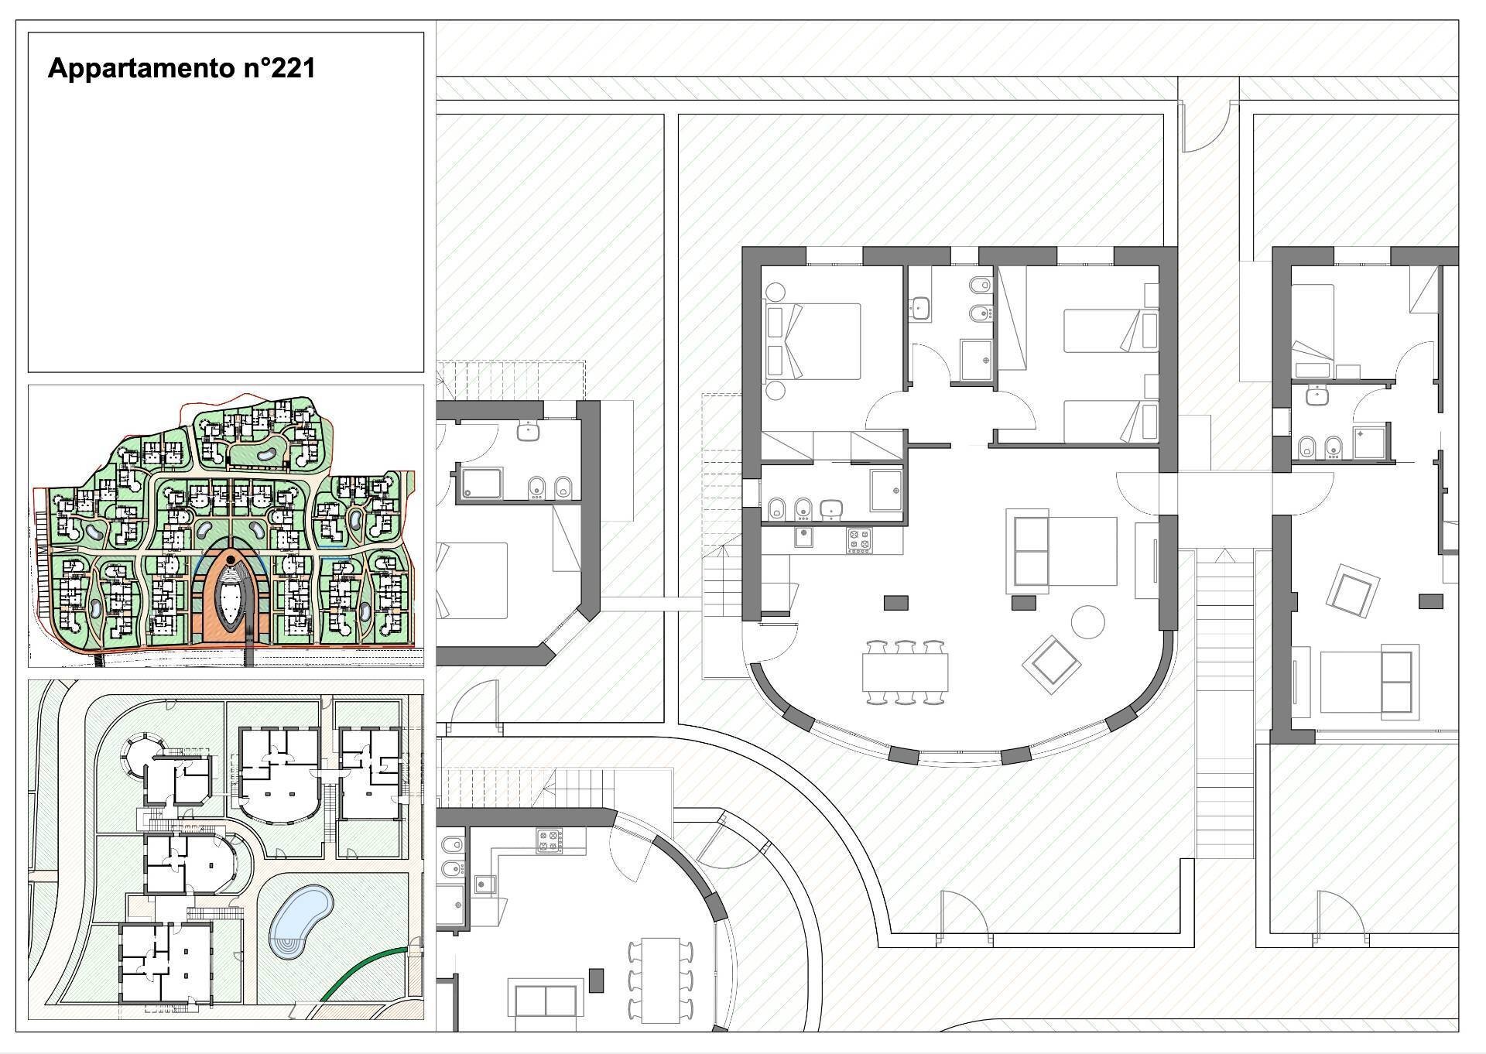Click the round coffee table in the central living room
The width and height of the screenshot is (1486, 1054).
tap(1088, 621)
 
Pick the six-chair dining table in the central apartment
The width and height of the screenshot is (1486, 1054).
tap(906, 672)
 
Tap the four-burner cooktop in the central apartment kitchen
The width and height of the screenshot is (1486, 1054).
tap(859, 539)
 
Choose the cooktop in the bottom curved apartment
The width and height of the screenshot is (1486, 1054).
tap(549, 841)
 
